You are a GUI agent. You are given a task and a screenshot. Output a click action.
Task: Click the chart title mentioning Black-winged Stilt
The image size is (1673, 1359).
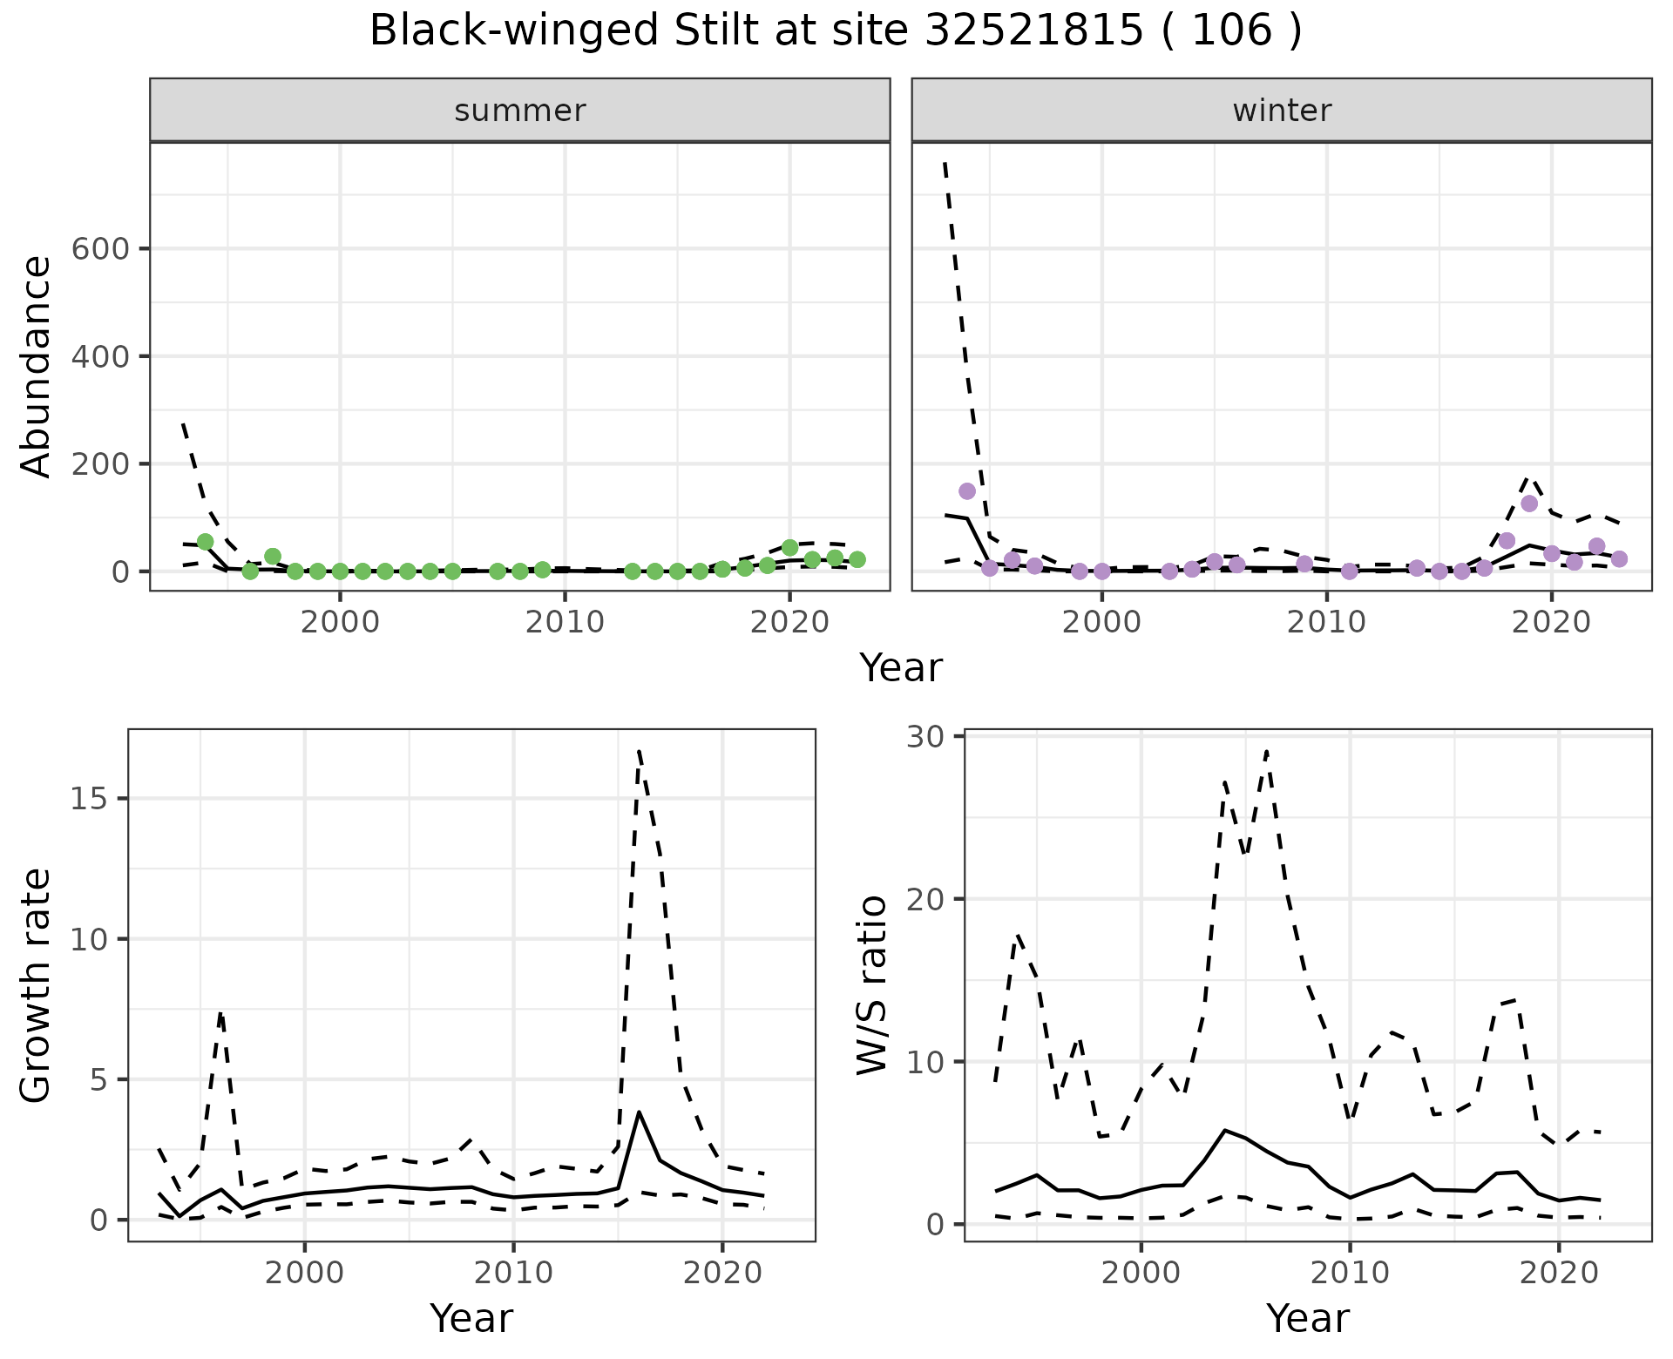836,31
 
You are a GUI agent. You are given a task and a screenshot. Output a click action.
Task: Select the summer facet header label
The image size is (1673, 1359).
520,111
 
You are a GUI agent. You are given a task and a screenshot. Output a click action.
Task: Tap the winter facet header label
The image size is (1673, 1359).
1282,111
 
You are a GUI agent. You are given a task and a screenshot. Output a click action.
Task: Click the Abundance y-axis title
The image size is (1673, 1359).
37,367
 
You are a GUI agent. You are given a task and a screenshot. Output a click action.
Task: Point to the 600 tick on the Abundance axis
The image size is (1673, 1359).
99,249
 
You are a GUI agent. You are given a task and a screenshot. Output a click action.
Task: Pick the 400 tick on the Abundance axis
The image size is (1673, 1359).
99,356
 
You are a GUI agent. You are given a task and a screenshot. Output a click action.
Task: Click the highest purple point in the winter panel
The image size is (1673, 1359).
967,491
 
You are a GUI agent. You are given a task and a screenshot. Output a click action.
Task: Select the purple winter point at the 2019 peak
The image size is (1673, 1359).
1529,504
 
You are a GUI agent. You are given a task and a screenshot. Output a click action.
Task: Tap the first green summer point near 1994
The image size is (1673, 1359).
206,542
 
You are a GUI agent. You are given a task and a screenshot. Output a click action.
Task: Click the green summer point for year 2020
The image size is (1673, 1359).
790,548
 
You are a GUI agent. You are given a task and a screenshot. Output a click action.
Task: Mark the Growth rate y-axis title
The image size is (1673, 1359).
37,985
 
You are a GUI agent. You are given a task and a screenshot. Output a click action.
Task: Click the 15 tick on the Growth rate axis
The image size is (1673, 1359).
98,799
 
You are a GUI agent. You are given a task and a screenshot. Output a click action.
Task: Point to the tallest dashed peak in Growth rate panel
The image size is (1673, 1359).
640,750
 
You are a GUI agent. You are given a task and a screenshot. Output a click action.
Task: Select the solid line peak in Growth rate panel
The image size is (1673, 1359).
640,1112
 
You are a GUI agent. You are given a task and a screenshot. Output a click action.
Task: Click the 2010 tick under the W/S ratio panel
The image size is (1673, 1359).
1350,1273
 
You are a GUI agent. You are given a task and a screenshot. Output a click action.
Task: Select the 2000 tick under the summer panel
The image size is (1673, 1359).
341,623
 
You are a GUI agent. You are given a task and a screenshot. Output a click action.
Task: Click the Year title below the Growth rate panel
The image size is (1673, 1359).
471,1319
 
